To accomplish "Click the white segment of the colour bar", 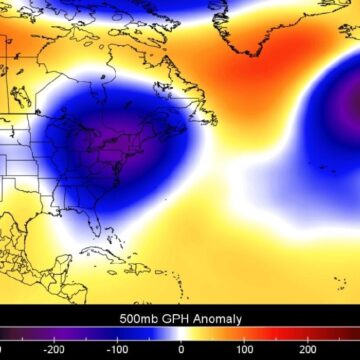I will [x=181, y=335].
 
